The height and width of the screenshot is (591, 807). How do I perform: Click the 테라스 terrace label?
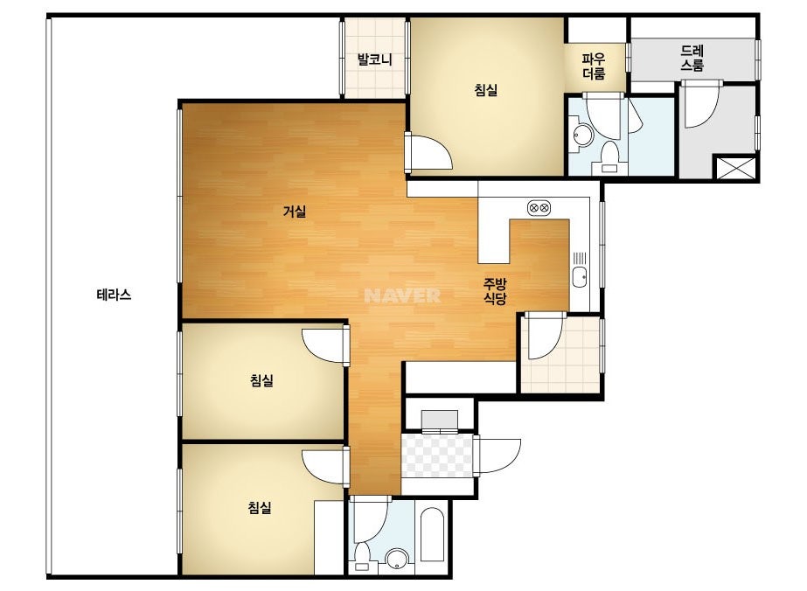coord(114,295)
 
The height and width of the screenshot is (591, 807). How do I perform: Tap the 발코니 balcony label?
coord(375,59)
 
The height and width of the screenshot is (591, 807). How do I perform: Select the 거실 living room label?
coord(295,211)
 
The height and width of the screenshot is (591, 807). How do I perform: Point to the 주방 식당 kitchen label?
coord(495,291)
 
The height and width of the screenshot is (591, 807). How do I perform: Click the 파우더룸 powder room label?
coord(594,66)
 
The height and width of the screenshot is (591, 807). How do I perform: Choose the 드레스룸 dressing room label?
coord(692,58)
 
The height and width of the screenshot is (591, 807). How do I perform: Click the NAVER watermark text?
coord(402,295)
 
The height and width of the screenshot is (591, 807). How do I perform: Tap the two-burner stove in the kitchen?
coord(539,208)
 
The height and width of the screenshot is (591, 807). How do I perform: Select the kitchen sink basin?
coord(580,277)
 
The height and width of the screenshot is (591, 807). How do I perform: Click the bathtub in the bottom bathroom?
coord(432,535)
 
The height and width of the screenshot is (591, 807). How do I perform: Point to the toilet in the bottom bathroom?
coord(362,556)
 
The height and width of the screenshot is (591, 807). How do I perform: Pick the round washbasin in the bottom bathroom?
coord(397,560)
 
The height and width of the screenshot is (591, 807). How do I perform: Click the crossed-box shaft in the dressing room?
coord(736,168)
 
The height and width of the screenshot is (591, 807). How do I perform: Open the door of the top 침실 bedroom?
coord(428,151)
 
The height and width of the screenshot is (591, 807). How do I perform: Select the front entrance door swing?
coord(498,456)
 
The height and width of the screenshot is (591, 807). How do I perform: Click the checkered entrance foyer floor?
coord(437,455)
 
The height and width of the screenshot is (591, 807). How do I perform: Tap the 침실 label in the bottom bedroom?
coord(260,508)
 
